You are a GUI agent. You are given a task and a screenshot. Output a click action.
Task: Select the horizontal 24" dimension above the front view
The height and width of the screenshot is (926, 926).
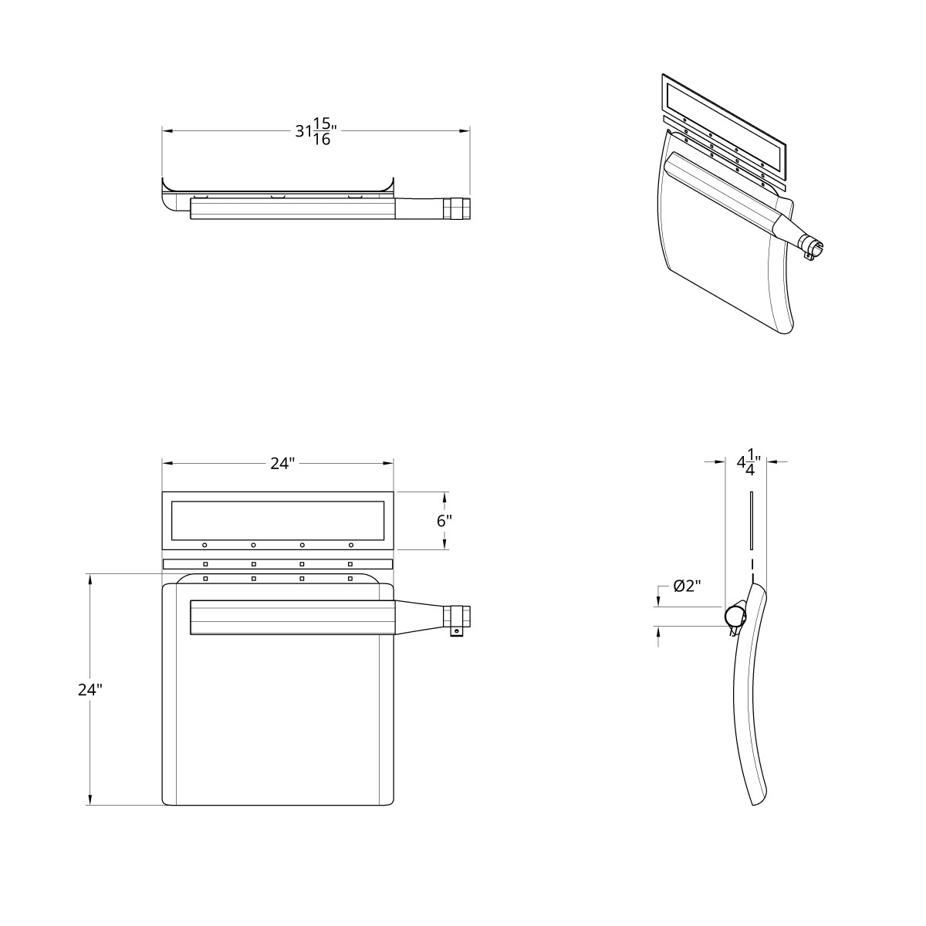point(282,463)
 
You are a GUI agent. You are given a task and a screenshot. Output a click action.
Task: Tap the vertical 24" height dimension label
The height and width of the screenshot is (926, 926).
point(90,690)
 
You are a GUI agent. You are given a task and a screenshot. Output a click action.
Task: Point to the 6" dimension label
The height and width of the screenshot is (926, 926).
point(444,520)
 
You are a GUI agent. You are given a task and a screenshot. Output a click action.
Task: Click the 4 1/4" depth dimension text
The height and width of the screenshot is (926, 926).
point(748,463)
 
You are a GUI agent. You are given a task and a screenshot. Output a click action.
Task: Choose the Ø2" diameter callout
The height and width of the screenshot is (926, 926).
point(687,586)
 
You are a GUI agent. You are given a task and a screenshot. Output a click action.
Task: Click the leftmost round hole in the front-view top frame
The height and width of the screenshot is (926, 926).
point(205,545)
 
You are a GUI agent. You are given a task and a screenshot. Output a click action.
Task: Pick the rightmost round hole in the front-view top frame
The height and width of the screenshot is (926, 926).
point(350,545)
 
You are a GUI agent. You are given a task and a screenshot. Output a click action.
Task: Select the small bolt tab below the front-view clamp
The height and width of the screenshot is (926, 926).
point(456,632)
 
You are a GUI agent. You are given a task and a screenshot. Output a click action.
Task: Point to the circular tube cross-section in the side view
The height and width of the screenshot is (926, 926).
point(735,616)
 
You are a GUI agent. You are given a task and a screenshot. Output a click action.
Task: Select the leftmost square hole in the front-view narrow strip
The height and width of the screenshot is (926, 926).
point(205,564)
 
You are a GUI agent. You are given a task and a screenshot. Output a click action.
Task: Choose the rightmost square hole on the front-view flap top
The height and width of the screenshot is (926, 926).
point(350,578)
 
